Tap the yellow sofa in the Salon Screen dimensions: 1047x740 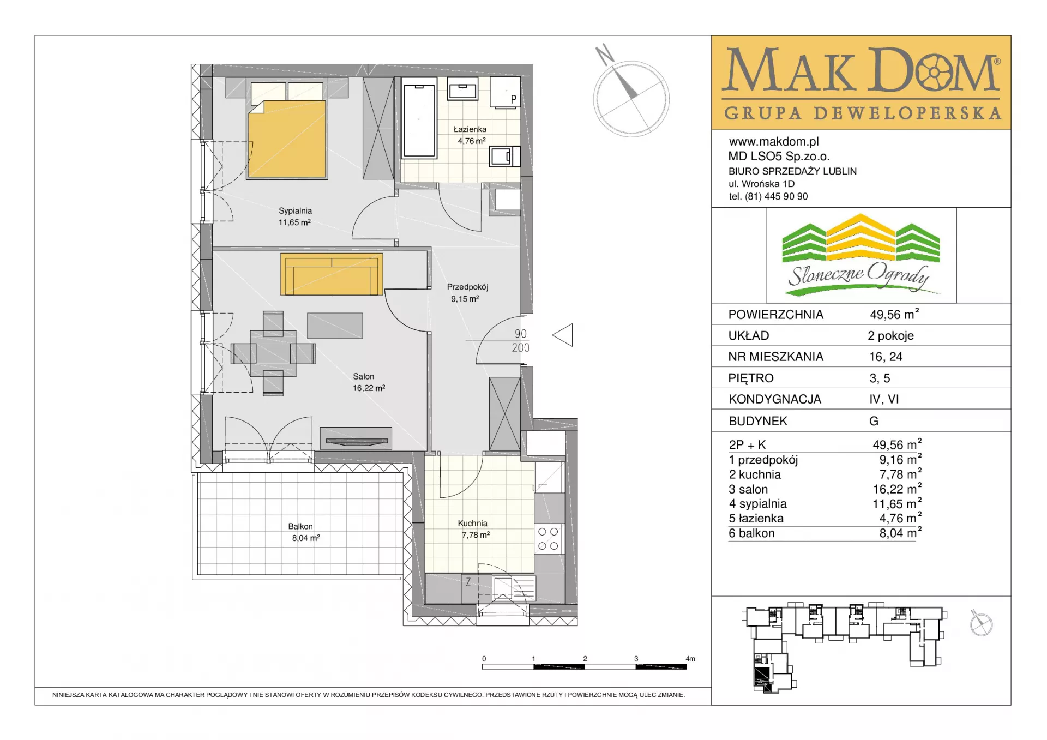tap(332, 274)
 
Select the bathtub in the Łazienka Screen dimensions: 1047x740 tap(419, 118)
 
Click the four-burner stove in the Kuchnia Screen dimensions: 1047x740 tap(548, 538)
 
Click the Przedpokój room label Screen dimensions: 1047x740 tap(467, 287)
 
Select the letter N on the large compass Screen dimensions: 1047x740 tap(604, 54)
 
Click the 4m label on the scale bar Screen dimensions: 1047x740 tap(690, 659)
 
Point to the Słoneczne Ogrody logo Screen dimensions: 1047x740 tap(861, 255)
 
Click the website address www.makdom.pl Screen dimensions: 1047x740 tap(774, 142)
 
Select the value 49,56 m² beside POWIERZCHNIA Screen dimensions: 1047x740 tap(894, 314)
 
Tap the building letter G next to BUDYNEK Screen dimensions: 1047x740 tap(874, 421)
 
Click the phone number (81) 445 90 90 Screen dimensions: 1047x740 tap(776, 196)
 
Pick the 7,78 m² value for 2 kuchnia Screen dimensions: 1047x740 tap(900, 474)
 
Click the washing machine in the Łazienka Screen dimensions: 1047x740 tap(504, 157)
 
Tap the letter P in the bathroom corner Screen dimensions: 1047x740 tap(513, 99)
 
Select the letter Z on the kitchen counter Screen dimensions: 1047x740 tap(468, 582)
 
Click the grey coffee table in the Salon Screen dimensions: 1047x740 tap(335, 326)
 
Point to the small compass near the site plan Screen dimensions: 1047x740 tap(981, 623)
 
